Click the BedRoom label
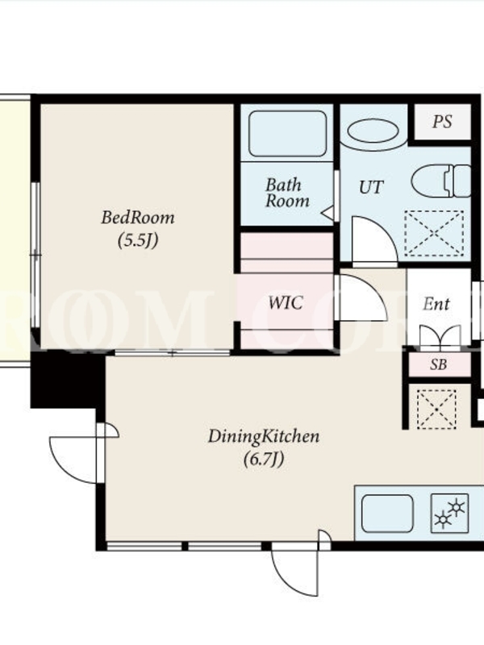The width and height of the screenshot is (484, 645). point(138,217)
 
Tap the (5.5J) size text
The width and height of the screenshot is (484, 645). point(138,240)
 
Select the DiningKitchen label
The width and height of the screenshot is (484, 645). point(264,436)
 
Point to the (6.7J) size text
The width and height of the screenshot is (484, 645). point(264,459)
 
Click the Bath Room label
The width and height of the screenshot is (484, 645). point(287,193)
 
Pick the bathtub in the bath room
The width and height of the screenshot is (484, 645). point(288,134)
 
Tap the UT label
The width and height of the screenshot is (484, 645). point(371,188)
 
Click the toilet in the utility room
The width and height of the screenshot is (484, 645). point(440,181)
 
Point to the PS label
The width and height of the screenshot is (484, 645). point(442,122)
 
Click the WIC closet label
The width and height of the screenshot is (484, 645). point(286,303)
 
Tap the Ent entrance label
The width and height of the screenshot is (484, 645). point(436,305)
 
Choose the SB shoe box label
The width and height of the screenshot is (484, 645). point(439,364)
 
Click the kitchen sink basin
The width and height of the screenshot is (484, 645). point(387,514)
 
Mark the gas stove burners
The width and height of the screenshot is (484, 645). point(449,514)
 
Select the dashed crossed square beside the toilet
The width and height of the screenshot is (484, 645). point(435,233)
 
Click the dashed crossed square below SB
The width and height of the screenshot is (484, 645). point(436,410)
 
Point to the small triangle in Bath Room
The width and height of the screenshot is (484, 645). point(328,213)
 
